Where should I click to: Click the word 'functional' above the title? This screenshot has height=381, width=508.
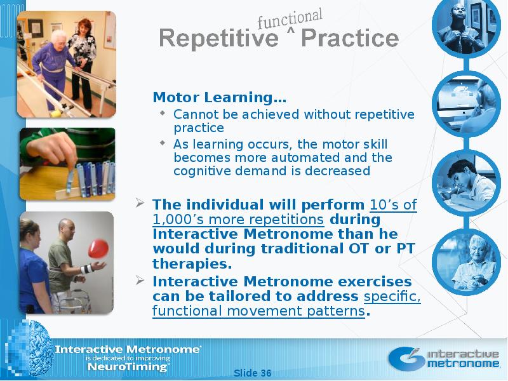click(x=290, y=18)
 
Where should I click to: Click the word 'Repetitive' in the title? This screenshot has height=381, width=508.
click(x=218, y=38)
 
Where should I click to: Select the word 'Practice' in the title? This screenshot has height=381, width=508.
click(x=350, y=38)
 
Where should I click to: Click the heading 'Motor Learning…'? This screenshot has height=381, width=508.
click(x=219, y=97)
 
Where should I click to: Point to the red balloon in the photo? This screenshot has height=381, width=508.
click(x=98, y=248)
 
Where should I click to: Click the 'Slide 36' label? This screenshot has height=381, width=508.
click(x=252, y=373)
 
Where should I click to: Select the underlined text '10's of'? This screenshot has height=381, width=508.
click(x=393, y=204)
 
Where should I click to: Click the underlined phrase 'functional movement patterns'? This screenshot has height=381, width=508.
click(x=258, y=311)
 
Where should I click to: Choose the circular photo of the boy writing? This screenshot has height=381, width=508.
click(x=466, y=182)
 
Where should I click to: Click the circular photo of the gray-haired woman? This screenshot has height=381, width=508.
click(x=466, y=262)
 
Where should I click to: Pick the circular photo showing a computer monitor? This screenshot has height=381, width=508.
click(x=466, y=104)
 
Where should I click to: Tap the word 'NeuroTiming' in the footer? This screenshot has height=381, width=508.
click(x=128, y=367)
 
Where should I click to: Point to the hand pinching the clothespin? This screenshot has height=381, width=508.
click(x=52, y=148)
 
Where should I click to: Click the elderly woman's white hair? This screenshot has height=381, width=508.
click(x=58, y=36)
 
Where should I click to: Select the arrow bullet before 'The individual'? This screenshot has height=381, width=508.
click(x=140, y=203)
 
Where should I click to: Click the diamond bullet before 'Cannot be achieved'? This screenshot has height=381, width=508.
click(x=163, y=113)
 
